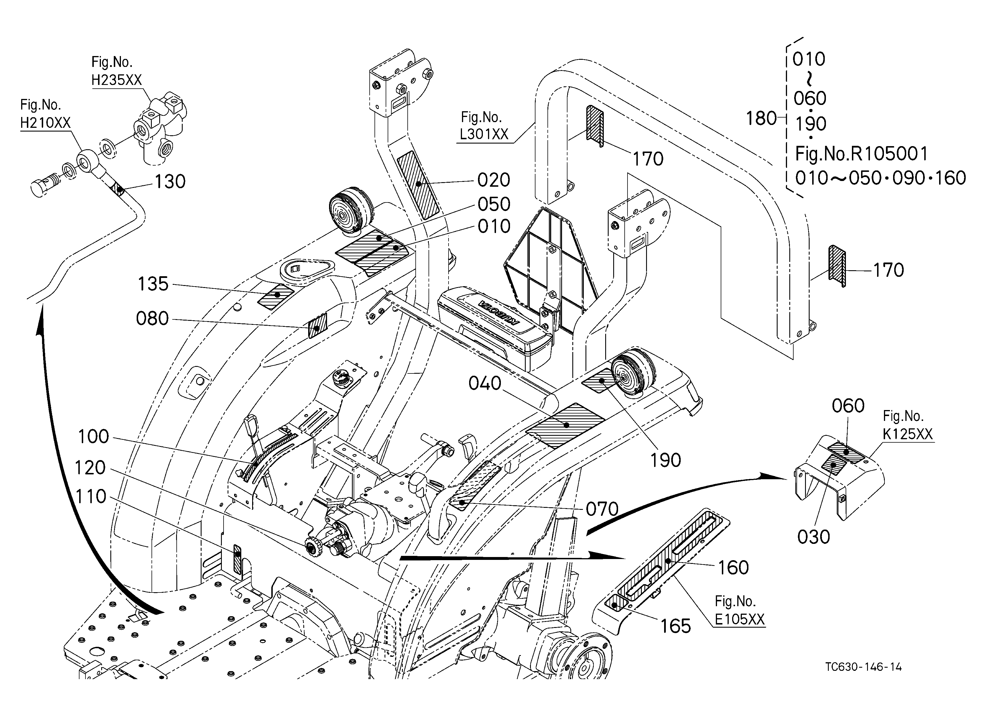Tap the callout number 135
coord(153,284)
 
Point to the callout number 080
coord(152,319)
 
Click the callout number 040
coord(485,383)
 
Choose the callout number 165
coord(676,626)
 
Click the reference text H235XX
coord(117,80)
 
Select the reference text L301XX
coord(484,134)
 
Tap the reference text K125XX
coord(908,434)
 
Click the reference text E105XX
coord(740,619)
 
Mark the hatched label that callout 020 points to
coord(418,184)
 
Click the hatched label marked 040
coord(565,425)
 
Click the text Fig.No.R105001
coord(862,154)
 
